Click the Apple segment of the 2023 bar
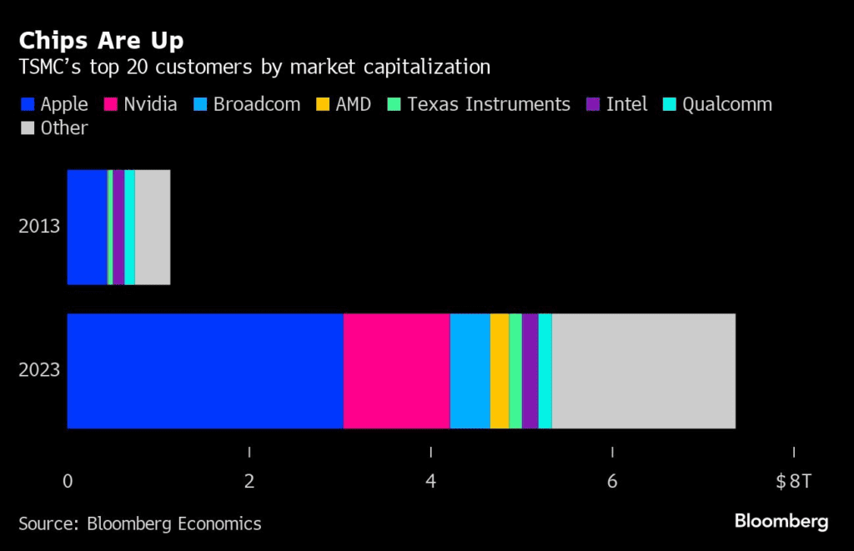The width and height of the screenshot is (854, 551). tap(205, 371)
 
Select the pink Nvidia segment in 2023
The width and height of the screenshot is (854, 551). tap(397, 371)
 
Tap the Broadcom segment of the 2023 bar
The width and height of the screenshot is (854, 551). tap(470, 371)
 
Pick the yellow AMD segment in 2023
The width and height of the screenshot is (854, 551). tap(500, 371)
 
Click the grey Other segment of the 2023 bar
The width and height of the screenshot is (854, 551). tap(644, 371)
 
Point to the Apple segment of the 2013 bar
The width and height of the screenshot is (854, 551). tap(87, 228)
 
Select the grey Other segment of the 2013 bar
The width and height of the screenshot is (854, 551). tap(153, 228)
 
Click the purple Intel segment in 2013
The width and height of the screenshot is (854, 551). tap(118, 228)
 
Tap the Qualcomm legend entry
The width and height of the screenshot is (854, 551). tap(717, 104)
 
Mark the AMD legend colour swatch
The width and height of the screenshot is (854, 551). tap(322, 105)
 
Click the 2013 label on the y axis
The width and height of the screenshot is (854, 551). tap(40, 227)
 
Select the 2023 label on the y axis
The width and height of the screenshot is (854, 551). tap(40, 370)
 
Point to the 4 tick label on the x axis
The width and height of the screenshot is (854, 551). tap(430, 481)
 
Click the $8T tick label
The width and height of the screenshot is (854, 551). tap(793, 481)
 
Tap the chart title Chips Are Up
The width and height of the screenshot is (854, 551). tap(102, 40)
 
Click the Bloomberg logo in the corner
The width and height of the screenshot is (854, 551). tap(781, 522)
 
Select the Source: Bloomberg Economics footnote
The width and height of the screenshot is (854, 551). tap(140, 523)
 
